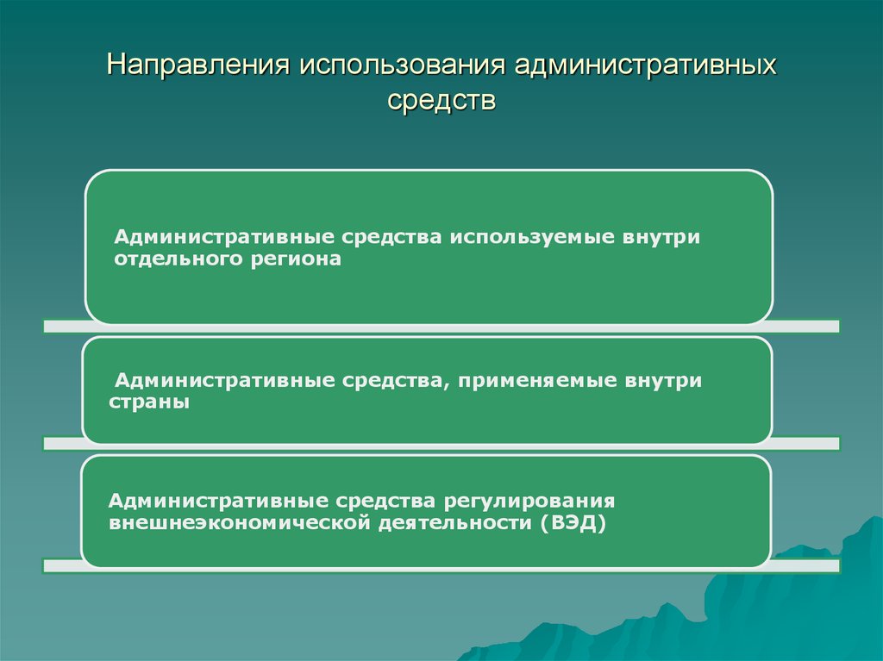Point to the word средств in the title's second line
pyautogui.click(x=441, y=101)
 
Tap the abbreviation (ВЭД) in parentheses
pyautogui.click(x=574, y=523)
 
